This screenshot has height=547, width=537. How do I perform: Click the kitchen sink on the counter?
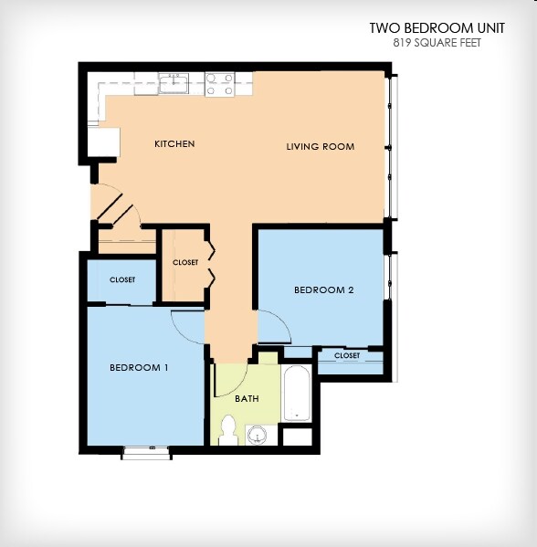(174, 84)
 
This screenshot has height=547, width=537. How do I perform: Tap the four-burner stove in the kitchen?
(219, 84)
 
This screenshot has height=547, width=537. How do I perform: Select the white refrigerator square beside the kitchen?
(103, 143)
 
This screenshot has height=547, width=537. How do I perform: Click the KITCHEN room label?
(174, 144)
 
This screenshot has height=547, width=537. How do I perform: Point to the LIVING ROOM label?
(320, 147)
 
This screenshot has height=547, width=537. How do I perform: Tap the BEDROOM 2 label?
(323, 290)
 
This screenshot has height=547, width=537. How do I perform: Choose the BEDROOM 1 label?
(139, 368)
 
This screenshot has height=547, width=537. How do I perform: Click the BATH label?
(247, 399)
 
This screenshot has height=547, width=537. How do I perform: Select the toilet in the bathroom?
(228, 429)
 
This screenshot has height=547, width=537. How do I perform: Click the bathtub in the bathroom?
(298, 394)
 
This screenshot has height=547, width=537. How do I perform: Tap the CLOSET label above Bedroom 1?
(122, 280)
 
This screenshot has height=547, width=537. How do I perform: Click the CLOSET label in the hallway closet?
(185, 263)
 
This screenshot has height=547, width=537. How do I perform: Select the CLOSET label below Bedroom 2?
(347, 356)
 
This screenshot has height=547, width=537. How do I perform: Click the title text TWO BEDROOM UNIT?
(425, 28)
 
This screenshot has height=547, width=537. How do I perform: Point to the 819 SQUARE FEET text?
(437, 43)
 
